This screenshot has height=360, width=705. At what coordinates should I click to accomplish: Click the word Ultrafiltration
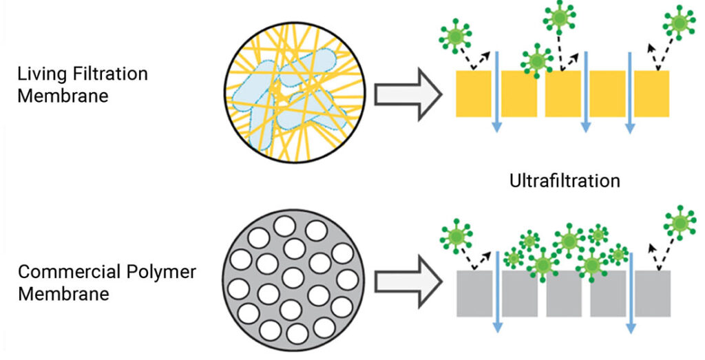[565, 181]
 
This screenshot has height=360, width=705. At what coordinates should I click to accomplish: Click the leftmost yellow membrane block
[474, 93]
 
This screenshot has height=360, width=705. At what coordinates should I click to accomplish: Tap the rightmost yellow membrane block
[651, 93]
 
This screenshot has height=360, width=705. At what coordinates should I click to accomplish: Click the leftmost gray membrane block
[474, 293]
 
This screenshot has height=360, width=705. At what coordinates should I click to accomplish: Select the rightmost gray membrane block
[652, 293]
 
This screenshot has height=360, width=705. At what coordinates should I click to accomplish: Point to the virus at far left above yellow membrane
[455, 34]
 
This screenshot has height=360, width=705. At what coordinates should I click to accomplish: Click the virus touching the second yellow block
[536, 61]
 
